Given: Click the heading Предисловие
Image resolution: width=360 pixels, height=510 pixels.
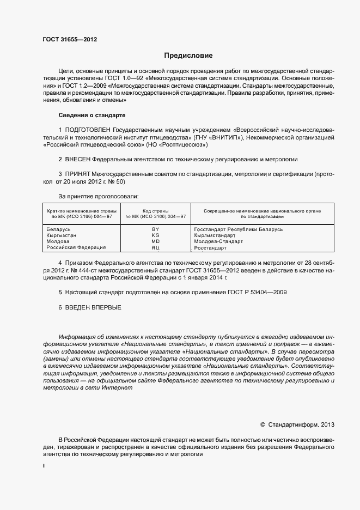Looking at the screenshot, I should [188, 56].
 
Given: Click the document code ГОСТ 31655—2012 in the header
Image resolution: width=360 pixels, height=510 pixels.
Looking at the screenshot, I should [70, 40].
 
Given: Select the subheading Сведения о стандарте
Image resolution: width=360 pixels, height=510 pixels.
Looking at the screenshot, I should [91, 116].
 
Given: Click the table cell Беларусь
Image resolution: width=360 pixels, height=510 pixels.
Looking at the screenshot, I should [59, 229].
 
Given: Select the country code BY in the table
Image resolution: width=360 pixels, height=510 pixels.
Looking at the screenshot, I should [155, 229].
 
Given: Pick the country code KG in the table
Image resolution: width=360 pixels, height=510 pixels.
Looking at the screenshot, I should [155, 235].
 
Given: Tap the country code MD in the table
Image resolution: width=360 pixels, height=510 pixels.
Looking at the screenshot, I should [155, 241].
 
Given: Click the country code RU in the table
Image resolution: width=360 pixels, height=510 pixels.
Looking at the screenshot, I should [155, 248].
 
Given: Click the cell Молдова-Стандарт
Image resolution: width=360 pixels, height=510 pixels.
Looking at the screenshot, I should [218, 241].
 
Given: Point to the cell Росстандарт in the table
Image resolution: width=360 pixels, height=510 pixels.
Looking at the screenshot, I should [210, 248].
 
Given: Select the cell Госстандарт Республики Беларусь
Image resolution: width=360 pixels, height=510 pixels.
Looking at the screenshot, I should [239, 229].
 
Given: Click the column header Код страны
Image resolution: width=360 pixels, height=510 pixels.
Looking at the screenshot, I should [155, 210].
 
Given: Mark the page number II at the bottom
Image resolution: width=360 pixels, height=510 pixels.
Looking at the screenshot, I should [44, 466].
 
